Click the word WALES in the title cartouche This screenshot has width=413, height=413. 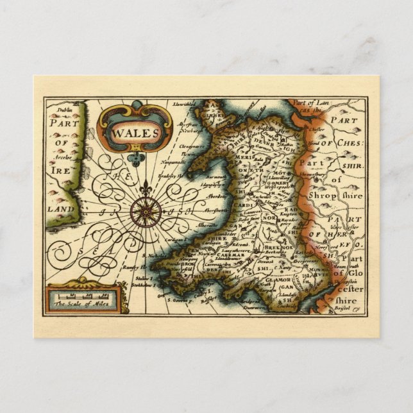(136, 133)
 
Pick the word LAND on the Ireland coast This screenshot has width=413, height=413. (61, 210)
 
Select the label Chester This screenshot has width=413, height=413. (317, 128)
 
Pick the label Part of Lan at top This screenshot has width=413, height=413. (307, 102)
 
